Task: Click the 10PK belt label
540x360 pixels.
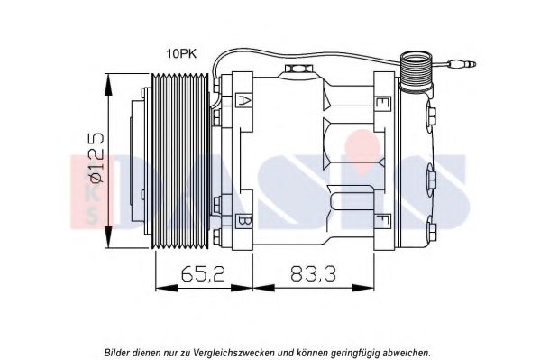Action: (x=181, y=54)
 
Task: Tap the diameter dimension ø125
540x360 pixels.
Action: (x=96, y=157)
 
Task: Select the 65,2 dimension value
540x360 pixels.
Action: (x=204, y=274)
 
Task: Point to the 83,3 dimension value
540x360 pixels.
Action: (x=313, y=274)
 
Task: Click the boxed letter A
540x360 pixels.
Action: (x=243, y=101)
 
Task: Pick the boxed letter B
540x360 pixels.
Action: (x=243, y=222)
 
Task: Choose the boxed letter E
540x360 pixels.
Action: (x=382, y=103)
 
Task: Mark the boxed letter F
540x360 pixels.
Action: (x=382, y=221)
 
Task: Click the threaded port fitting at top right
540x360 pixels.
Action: (x=416, y=72)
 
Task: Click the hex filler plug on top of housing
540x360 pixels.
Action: (x=297, y=69)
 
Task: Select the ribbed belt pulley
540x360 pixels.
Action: (x=180, y=161)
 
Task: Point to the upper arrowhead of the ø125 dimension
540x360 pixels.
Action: (x=108, y=84)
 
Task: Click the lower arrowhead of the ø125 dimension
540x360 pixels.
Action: (x=108, y=237)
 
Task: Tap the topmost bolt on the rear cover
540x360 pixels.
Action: (x=432, y=116)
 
